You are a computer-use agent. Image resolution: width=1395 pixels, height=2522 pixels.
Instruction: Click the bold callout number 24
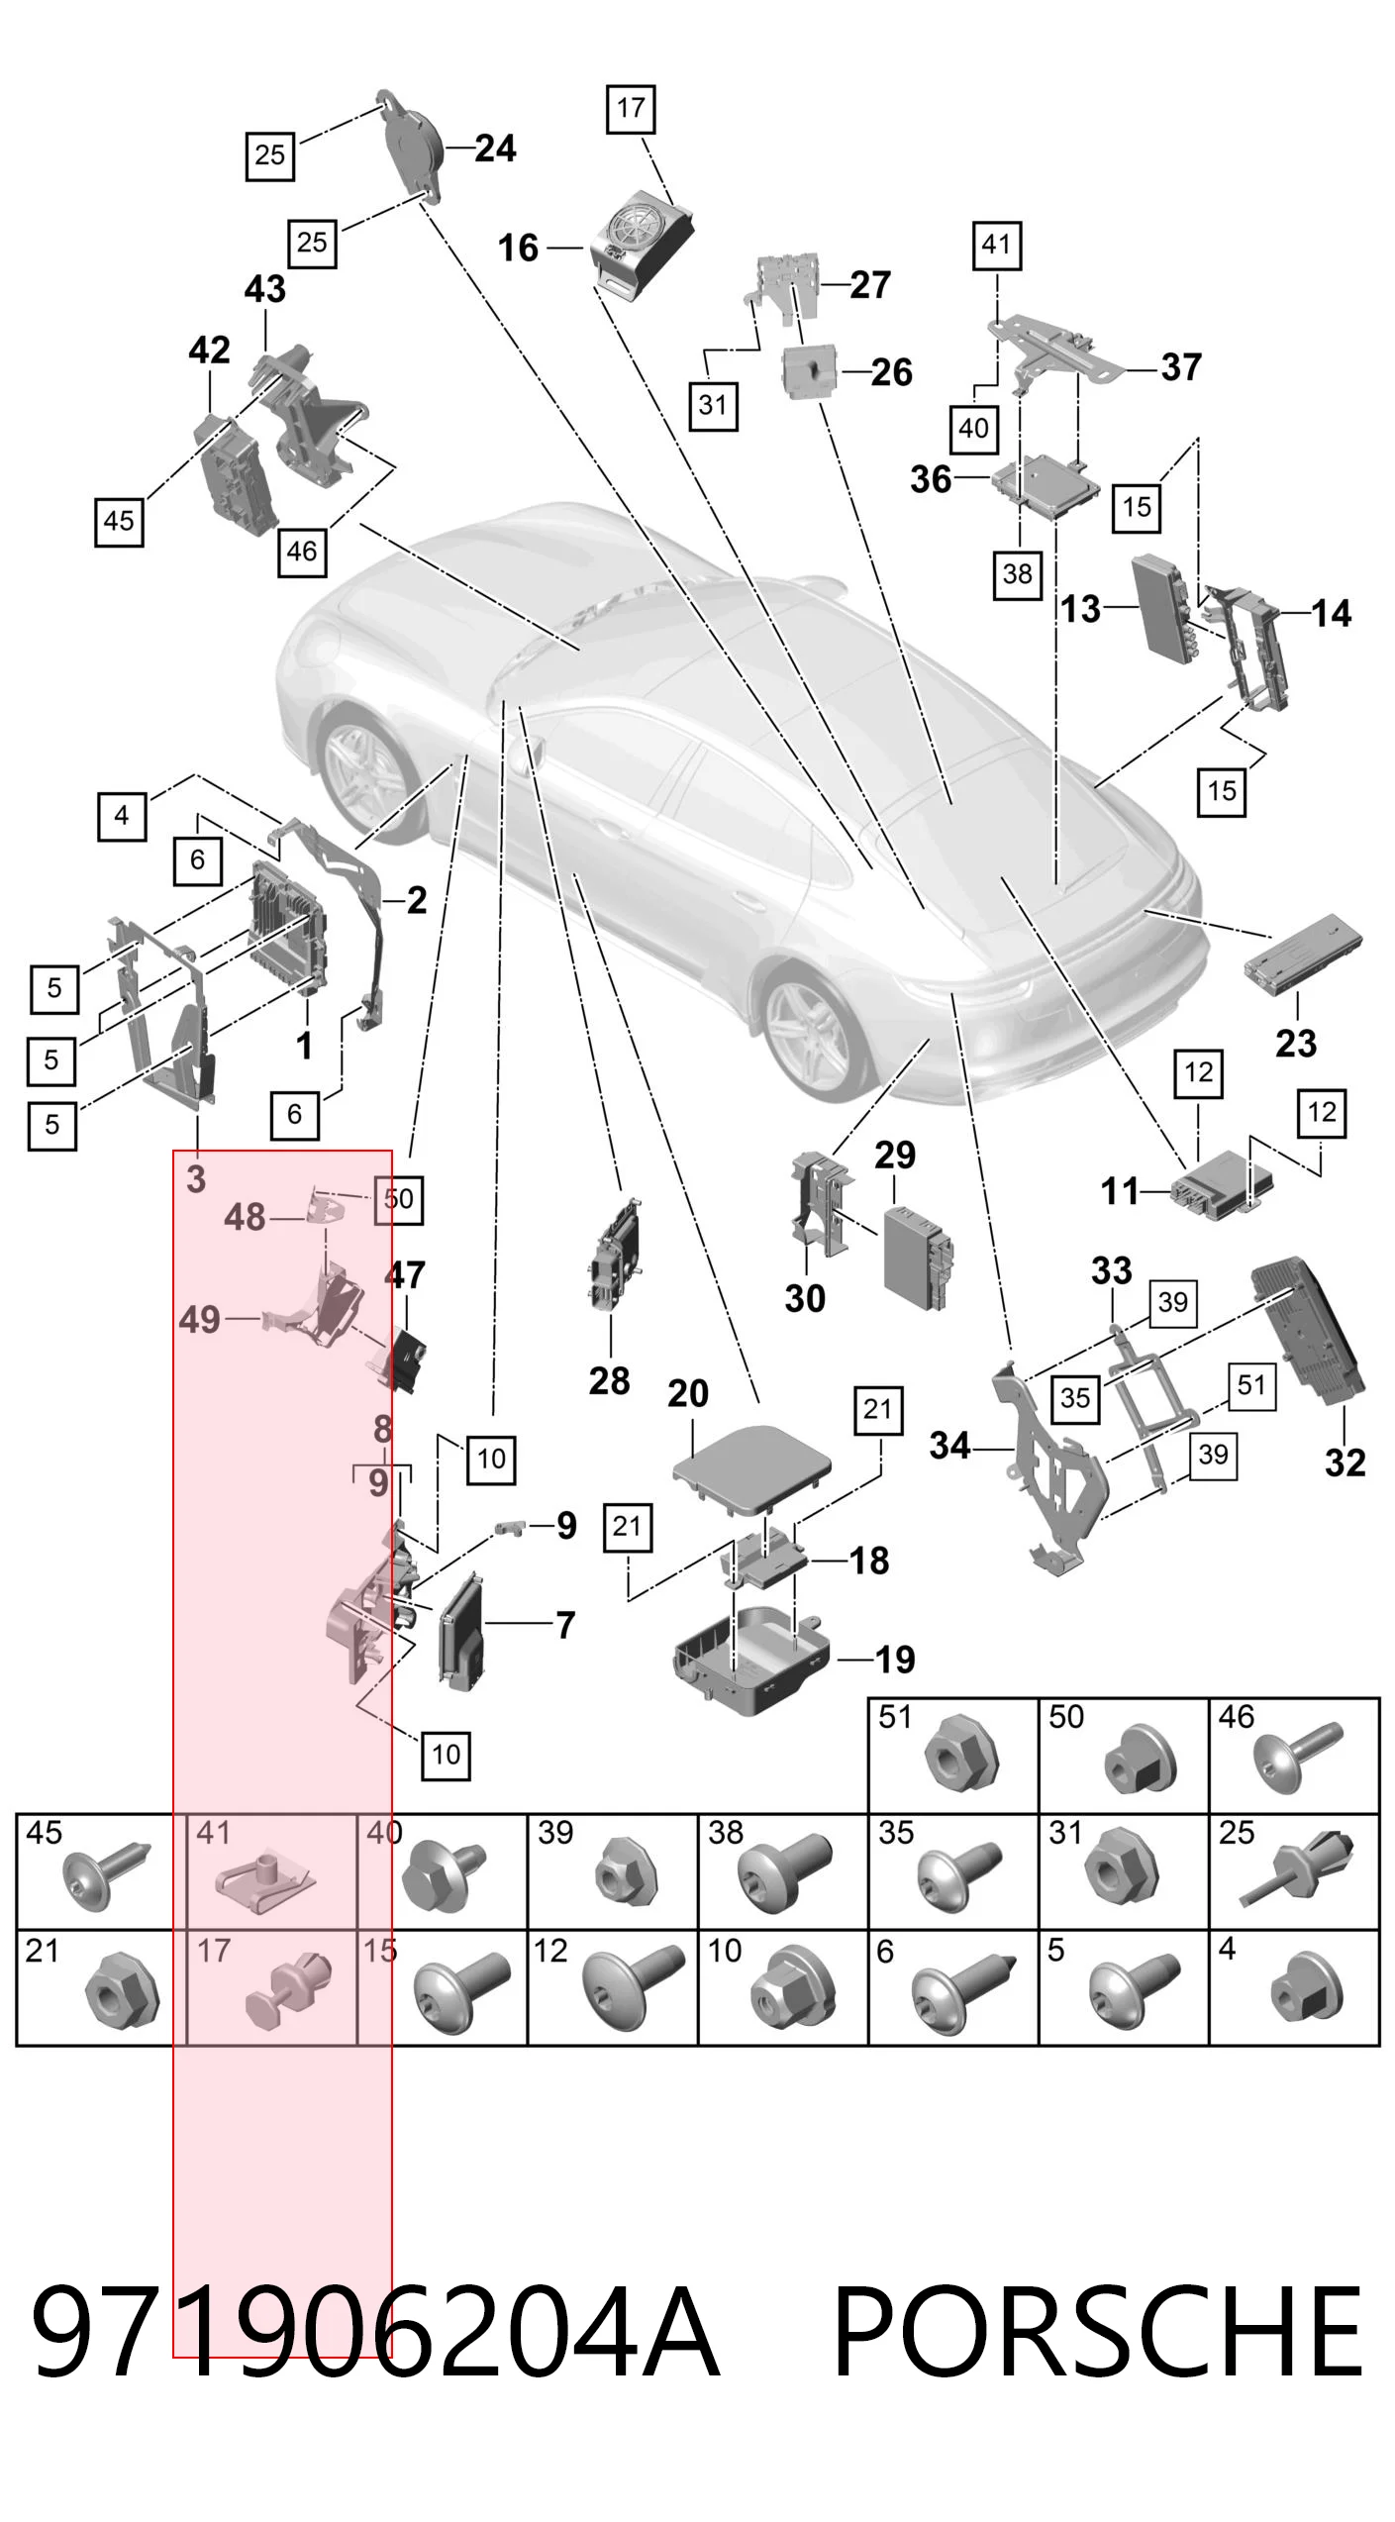click(x=495, y=149)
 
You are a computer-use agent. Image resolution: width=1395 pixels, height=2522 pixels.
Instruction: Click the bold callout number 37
click(x=1180, y=367)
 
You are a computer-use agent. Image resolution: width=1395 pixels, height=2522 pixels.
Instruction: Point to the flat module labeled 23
click(x=1306, y=955)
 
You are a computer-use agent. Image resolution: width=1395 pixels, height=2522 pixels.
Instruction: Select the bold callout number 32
click(x=1345, y=1463)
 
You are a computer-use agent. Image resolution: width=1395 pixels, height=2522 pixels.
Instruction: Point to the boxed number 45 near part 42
click(x=119, y=521)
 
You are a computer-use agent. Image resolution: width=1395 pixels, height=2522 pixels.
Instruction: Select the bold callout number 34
click(x=949, y=1447)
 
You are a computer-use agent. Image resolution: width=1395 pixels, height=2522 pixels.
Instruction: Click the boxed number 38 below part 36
click(x=1017, y=574)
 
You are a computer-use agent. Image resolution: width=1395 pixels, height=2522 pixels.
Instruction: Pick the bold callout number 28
click(x=609, y=1380)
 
